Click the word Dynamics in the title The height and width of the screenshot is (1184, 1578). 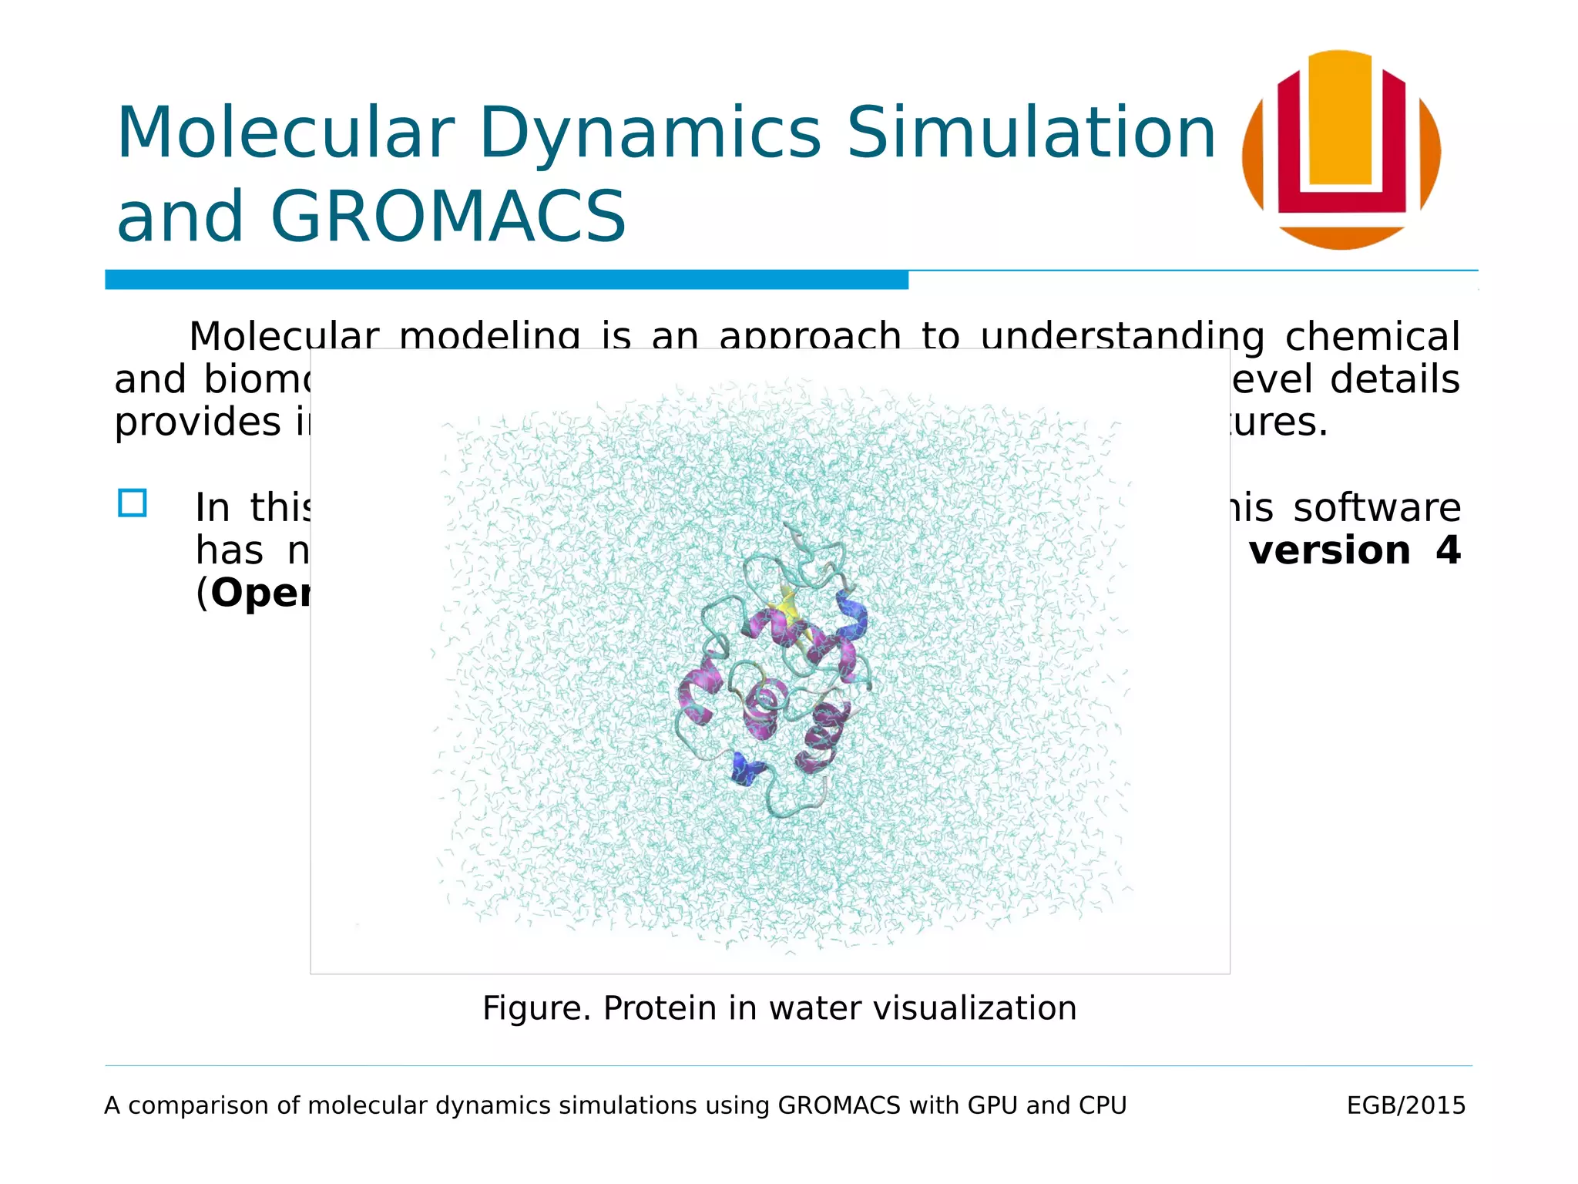(x=650, y=134)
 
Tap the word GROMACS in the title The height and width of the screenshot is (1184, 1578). (x=448, y=217)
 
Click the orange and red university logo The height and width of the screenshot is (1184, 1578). (x=1341, y=150)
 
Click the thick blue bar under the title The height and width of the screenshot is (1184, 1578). (x=506, y=280)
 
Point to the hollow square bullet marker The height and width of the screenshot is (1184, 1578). (x=133, y=504)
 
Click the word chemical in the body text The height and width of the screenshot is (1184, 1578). (x=1372, y=336)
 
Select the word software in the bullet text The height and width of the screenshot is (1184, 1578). (x=1376, y=508)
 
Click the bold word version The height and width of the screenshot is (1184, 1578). (x=1329, y=550)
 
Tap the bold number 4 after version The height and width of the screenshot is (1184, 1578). (x=1447, y=550)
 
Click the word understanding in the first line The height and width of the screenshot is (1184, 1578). (x=1122, y=336)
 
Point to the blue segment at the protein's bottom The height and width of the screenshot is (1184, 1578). (x=744, y=769)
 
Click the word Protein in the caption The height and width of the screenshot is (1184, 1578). (x=660, y=1008)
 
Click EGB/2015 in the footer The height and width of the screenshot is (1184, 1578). (x=1405, y=1105)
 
